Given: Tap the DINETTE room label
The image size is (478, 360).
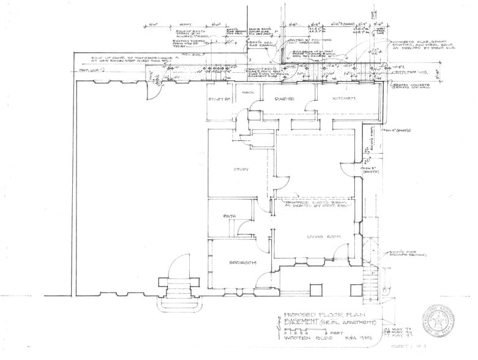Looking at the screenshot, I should pyautogui.click(x=285, y=97).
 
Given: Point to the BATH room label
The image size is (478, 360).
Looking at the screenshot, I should pyautogui.click(x=230, y=216).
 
